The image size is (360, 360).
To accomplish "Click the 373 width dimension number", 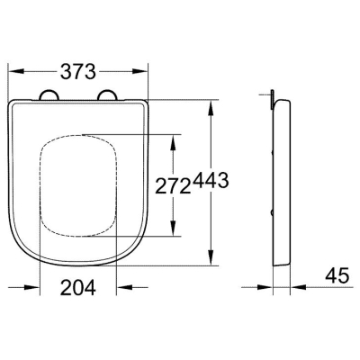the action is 78,72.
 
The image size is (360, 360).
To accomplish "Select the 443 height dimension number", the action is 211,181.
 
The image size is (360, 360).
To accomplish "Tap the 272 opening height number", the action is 173,187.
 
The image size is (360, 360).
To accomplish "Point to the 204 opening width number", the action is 78,287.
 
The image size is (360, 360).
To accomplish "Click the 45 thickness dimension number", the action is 337,275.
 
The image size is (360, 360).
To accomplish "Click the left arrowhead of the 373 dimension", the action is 16,71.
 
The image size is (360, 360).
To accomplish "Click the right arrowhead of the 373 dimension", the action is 140,71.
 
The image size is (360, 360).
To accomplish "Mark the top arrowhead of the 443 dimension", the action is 211,107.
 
